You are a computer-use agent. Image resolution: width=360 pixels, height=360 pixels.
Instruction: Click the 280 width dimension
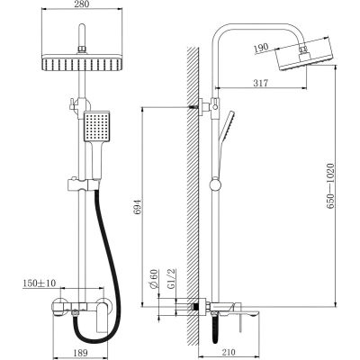tap(82, 4)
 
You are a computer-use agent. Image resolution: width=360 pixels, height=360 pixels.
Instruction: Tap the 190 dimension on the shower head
tap(261, 49)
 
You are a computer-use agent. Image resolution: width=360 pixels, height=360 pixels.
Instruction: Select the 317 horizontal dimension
tap(260, 83)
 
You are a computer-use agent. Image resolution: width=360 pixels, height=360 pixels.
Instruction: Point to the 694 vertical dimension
tap(137, 206)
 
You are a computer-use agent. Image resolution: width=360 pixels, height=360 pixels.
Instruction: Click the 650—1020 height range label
tap(330, 186)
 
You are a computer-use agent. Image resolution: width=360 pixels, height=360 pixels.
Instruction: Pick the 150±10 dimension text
tap(39, 283)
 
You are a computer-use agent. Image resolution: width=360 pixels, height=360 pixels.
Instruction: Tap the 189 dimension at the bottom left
tap(80, 353)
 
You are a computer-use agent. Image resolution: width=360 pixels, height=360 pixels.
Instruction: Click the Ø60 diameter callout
tap(154, 279)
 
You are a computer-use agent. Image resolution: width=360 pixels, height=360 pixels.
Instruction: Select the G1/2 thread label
tap(171, 279)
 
